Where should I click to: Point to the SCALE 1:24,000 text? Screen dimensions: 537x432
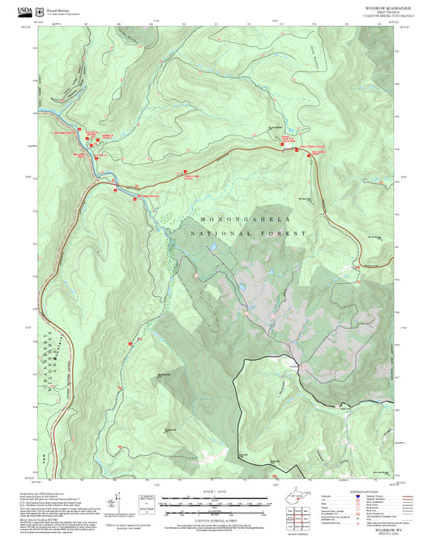215,492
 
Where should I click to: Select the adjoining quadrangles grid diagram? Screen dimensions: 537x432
301,515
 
